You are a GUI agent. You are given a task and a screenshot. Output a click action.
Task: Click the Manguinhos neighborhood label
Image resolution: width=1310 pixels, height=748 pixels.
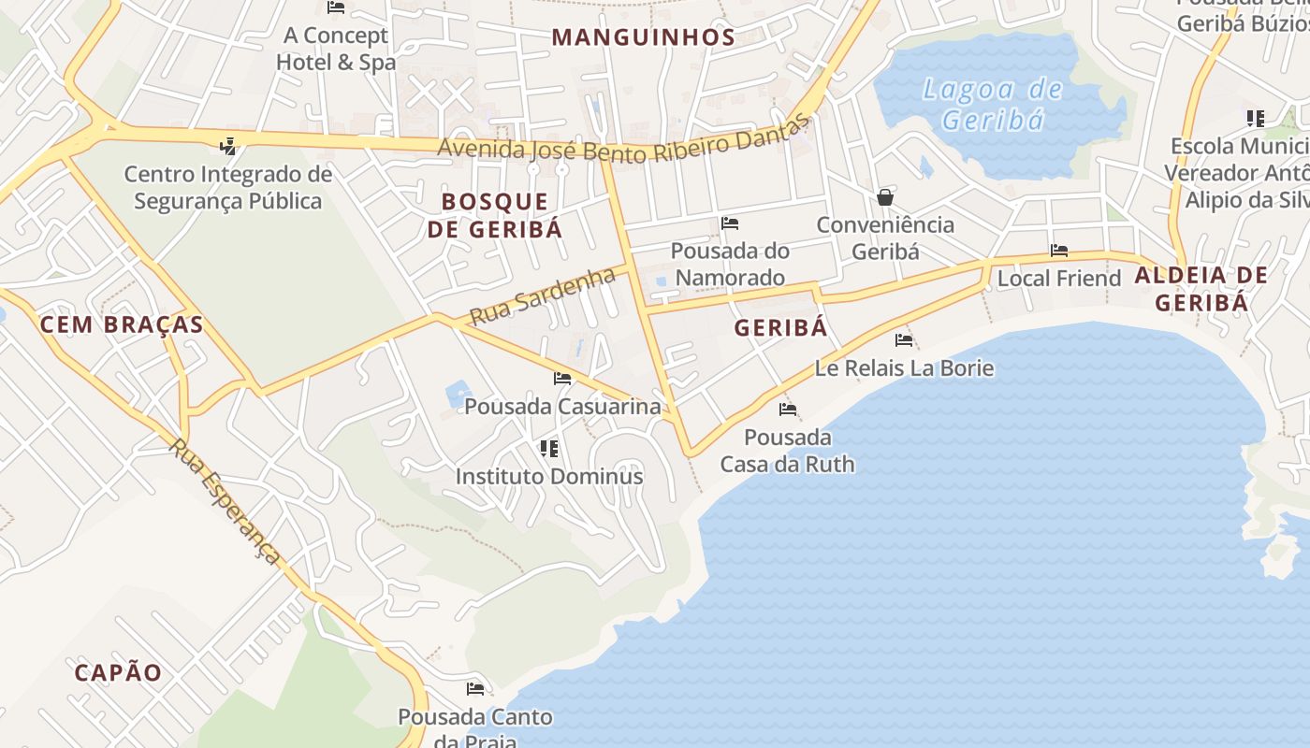click(643, 37)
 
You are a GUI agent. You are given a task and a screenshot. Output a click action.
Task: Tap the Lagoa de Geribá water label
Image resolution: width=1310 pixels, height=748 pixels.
click(992, 104)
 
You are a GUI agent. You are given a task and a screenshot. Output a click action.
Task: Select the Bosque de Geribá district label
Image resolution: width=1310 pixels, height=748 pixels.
click(495, 215)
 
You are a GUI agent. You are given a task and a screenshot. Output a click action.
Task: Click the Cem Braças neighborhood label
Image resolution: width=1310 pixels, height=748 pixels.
click(122, 324)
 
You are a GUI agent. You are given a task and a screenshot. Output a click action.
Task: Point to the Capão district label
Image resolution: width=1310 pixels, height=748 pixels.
click(118, 672)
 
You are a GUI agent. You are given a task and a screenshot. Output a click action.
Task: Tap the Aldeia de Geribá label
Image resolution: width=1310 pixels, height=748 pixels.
click(1201, 288)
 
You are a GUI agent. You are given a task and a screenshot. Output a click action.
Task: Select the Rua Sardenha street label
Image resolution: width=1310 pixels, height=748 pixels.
click(543, 295)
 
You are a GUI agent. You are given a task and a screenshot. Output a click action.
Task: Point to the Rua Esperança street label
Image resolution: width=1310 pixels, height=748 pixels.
click(225, 500)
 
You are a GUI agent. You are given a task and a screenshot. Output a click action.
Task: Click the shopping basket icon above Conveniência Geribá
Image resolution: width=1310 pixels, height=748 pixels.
click(884, 197)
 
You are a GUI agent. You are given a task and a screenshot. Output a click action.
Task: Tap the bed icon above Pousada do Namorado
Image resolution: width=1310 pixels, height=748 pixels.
click(730, 223)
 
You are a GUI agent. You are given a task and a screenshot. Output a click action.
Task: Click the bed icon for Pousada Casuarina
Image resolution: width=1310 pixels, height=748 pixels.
click(562, 379)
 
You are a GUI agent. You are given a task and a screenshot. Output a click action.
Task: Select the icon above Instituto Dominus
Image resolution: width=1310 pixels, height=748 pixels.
click(549, 449)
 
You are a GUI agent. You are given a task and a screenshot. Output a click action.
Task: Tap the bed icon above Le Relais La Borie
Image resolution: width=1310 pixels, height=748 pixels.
click(904, 340)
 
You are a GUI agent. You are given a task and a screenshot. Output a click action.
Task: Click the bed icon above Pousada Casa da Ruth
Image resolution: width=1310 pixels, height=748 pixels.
click(788, 410)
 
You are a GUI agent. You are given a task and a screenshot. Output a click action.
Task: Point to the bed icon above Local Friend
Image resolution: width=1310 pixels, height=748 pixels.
click(1059, 251)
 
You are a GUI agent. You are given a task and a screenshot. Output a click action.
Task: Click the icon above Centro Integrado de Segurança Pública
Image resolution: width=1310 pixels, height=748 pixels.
click(227, 146)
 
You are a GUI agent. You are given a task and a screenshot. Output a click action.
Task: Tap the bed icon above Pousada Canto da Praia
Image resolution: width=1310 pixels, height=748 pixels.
click(475, 689)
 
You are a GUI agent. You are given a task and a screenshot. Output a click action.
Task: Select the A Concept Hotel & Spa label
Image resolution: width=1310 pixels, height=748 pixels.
click(336, 49)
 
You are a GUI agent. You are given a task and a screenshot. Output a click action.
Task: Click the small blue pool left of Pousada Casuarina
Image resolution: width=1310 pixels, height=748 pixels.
click(458, 393)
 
